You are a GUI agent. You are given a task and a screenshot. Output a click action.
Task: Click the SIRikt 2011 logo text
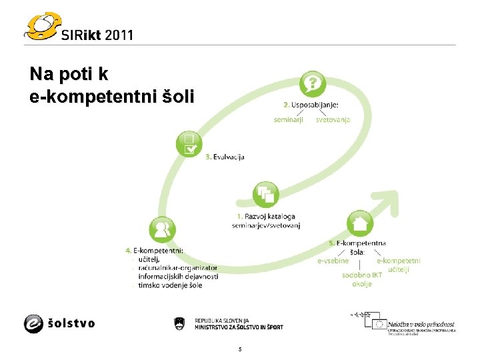(x=97, y=34)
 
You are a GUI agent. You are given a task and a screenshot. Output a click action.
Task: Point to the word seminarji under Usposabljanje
(x=289, y=120)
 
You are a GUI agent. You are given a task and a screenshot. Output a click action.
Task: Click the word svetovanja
(x=333, y=120)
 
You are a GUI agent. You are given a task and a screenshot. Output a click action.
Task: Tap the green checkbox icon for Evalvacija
(x=189, y=143)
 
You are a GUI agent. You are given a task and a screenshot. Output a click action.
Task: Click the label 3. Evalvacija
(x=225, y=157)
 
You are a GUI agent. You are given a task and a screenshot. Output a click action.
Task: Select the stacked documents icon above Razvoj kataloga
(x=266, y=195)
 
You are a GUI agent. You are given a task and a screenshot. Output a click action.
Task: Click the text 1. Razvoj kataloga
(x=266, y=217)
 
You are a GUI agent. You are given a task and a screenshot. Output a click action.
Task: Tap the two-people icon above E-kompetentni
(x=162, y=230)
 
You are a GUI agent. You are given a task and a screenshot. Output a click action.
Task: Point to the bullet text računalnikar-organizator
(x=177, y=268)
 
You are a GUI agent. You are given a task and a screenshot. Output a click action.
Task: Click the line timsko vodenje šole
(x=169, y=285)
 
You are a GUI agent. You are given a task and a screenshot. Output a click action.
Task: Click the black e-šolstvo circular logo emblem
(x=35, y=323)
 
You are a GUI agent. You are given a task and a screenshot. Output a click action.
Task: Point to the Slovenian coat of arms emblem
(x=178, y=323)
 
